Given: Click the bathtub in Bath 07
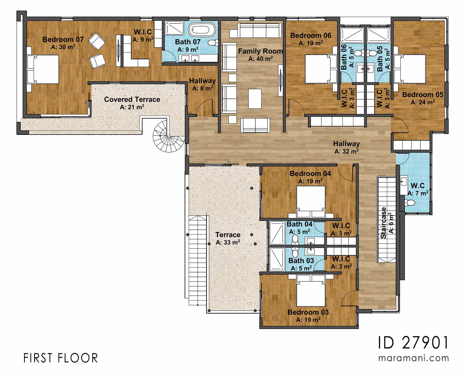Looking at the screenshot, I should tap(202, 30).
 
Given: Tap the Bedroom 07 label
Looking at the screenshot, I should tap(63, 40).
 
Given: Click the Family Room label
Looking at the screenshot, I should tap(260, 51).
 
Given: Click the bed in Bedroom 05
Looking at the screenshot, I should tap(410, 69).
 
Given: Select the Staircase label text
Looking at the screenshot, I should tap(383, 223).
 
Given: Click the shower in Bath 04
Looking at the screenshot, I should tap(277, 233).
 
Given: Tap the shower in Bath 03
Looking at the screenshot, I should tap(277, 260).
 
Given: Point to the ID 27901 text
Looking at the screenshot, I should tap(413, 342).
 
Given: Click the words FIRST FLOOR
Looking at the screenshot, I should tap(61, 358).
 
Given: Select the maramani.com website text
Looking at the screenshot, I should tap(413, 358).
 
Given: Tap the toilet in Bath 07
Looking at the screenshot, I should tap(213, 43).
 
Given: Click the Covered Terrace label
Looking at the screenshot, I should tap(132, 100).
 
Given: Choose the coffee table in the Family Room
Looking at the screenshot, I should tap(255, 99).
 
